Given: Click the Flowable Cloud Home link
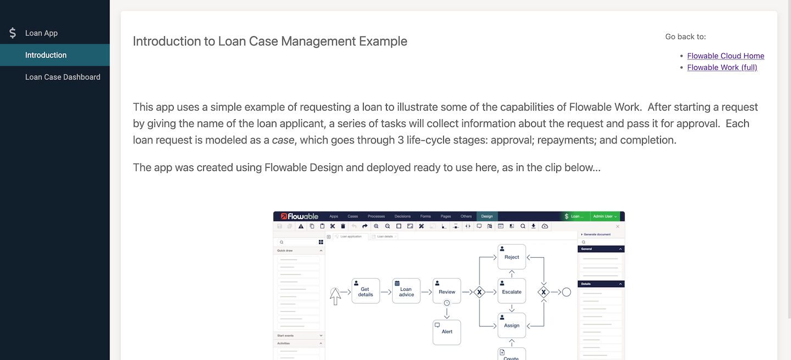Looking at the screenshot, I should coord(726,56).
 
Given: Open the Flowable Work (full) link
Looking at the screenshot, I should coord(722,68).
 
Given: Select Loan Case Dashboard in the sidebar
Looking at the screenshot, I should coord(63,77).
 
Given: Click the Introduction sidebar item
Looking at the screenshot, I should coord(46,55).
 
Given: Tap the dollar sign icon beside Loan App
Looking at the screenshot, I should coord(13,33).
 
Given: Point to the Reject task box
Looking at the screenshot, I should coord(511,257).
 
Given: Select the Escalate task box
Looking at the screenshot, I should coord(511,291).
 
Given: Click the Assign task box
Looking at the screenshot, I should coord(511,325).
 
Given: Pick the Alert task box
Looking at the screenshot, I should coord(447,331).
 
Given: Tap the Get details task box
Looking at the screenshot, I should coord(365,291).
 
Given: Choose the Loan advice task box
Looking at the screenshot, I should coord(406,291).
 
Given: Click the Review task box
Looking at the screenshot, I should coord(447,291).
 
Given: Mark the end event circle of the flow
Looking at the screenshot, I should coord(566,292).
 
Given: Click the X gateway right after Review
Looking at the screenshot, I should coord(479,292).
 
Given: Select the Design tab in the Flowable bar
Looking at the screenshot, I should coord(487,217).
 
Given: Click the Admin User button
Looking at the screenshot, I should coord(605,217).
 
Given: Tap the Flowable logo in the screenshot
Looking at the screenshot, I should coord(299,217).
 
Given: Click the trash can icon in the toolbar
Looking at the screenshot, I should coord(343,226).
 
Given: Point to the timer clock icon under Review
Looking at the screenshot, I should coord(447,303).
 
